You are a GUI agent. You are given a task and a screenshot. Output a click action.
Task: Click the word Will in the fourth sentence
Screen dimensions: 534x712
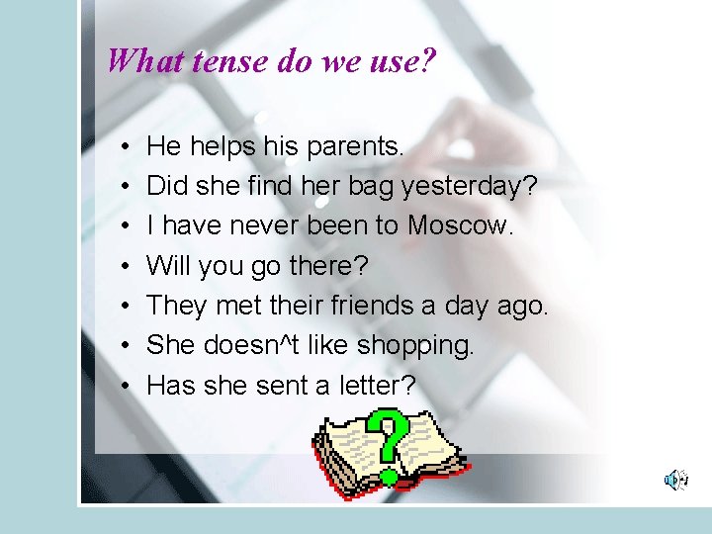[169, 266]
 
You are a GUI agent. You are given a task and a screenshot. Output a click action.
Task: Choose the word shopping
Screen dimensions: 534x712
[415, 346]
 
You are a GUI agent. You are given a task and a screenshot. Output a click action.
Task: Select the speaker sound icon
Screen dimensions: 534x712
[675, 480]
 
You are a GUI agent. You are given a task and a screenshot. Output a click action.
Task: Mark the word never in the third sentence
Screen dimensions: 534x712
[265, 226]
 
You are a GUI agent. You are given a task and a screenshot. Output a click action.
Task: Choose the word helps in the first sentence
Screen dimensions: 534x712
[222, 147]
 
